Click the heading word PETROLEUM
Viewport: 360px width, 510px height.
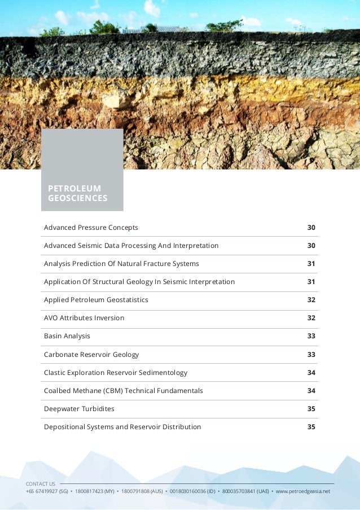74,188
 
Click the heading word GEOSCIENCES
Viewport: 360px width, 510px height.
77,198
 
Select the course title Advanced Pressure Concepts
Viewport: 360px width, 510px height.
91,228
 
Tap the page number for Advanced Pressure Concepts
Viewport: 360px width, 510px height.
311,228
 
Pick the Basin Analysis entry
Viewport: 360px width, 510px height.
67,336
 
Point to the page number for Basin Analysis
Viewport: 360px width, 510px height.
311,336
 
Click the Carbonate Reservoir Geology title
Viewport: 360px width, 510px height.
91,355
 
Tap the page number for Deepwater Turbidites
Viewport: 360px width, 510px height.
311,409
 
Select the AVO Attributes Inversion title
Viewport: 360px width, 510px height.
84,318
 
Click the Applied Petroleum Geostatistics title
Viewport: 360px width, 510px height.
96,300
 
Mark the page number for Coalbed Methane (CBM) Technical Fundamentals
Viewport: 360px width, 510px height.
311,391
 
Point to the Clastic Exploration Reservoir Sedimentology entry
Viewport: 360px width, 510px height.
116,373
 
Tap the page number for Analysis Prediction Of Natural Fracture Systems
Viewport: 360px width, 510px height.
311,264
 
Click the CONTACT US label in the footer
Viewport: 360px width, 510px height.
41,484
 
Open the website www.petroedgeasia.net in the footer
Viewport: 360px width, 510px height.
302,491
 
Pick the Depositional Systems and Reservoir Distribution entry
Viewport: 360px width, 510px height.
122,427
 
